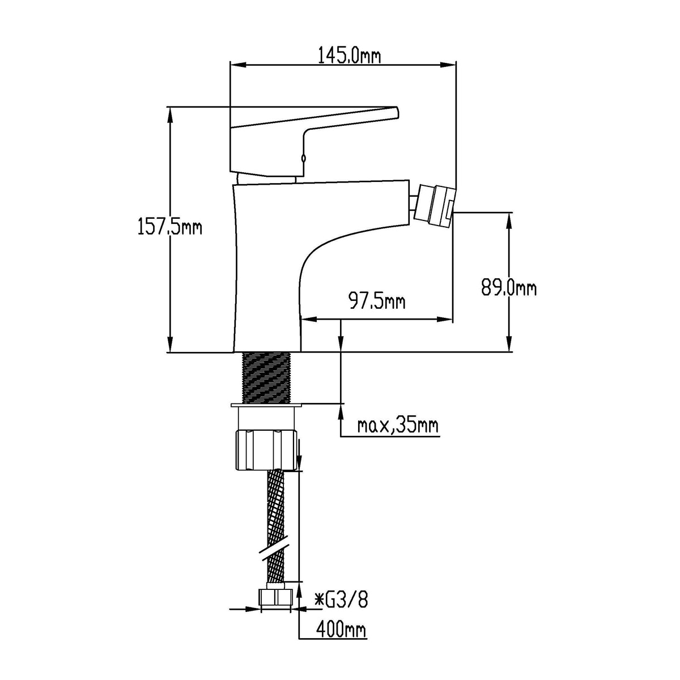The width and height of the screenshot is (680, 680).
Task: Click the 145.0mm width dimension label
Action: point(350,56)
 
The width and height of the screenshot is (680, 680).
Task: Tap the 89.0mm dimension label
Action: point(509,288)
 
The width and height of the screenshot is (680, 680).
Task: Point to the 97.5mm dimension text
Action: point(377,301)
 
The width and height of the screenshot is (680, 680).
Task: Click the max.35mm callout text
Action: point(398,426)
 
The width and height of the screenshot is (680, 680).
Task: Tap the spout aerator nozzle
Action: point(435,205)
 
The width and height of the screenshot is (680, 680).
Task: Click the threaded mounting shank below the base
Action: point(266,378)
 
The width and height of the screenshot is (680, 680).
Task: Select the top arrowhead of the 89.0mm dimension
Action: point(509,221)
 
